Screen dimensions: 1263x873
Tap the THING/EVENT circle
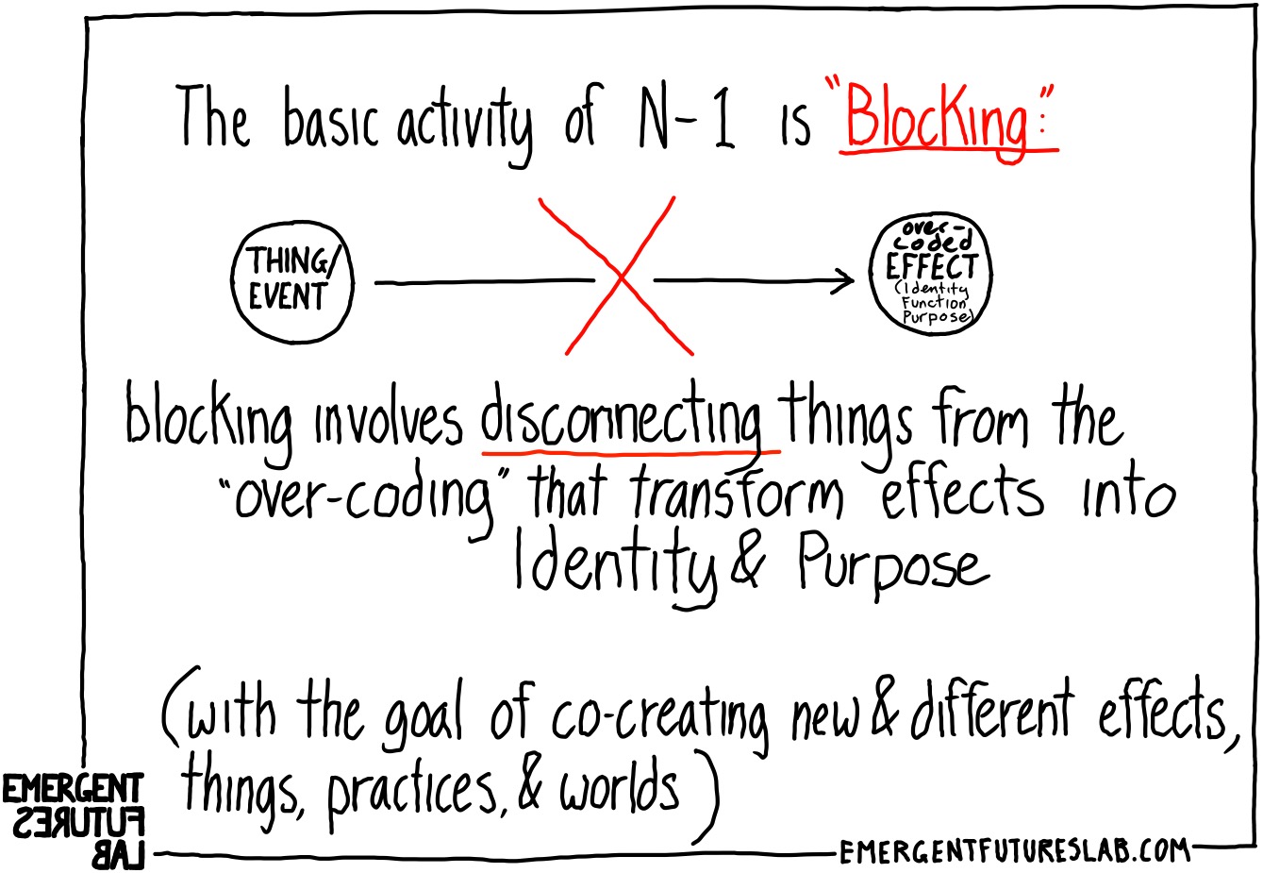(x=292, y=280)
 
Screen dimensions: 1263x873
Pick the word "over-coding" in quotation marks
(x=363, y=495)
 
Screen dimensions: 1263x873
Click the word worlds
(x=619, y=789)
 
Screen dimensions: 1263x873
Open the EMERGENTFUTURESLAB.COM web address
(x=1014, y=852)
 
